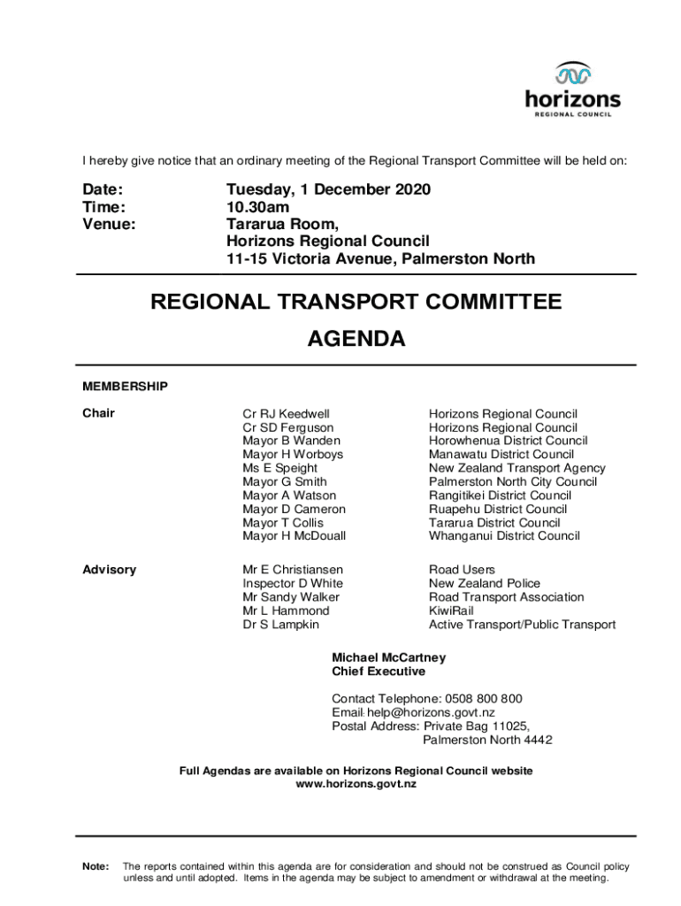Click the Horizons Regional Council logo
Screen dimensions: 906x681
[572, 89]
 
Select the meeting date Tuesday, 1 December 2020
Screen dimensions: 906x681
[328, 190]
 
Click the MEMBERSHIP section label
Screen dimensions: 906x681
[125, 387]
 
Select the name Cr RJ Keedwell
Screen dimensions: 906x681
[286, 414]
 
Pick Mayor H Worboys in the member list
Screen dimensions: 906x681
[293, 455]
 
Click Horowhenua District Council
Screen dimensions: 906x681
[508, 441]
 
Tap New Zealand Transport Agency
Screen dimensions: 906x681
[516, 468]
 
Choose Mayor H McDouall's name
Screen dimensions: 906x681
[295, 536]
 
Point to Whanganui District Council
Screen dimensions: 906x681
[504, 536]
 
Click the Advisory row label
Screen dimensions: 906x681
[110, 570]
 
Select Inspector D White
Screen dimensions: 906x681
[293, 584]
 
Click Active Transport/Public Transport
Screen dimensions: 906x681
[522, 625]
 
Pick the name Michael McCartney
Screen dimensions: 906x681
[388, 658]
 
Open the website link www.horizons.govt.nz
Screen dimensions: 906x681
[356, 785]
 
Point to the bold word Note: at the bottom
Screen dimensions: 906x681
[96, 866]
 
